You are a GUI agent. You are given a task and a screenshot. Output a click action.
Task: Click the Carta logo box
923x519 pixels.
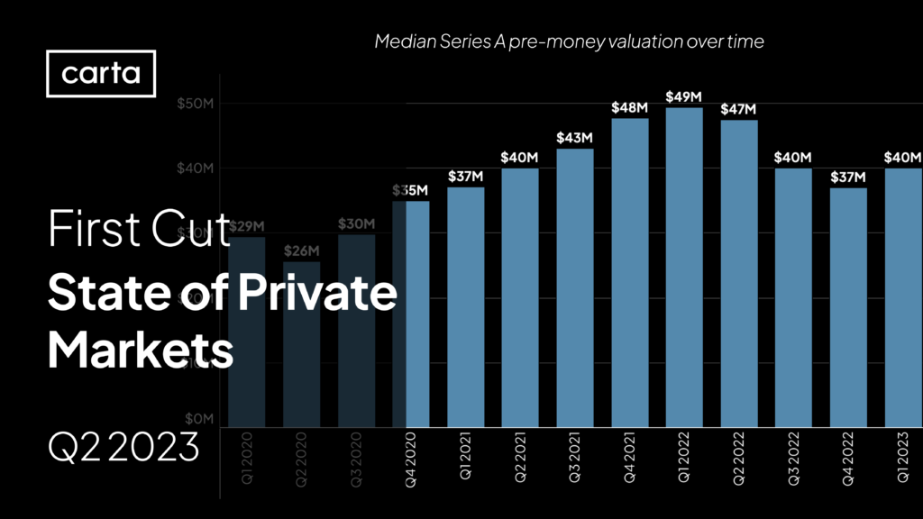coord(101,73)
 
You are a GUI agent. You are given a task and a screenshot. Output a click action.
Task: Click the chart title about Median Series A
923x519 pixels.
coord(569,42)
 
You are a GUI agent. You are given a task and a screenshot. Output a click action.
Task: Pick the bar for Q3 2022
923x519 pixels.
coord(793,297)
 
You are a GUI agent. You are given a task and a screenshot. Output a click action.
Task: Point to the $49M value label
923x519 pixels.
coord(684,96)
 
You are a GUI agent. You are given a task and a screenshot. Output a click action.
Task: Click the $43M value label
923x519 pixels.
coord(574,137)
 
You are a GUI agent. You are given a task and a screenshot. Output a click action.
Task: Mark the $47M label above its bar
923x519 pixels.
coord(739,109)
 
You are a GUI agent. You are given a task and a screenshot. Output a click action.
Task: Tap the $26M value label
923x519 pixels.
coord(301,250)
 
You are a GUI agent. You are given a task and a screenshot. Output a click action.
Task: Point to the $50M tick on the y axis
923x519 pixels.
coord(195,104)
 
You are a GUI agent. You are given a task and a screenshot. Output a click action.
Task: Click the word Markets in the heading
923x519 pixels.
coord(140,350)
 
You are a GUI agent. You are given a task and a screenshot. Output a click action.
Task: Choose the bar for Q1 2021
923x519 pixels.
coord(465,306)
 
